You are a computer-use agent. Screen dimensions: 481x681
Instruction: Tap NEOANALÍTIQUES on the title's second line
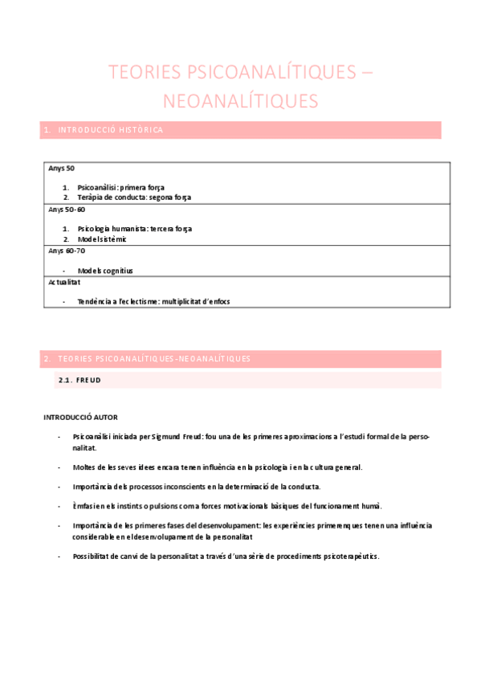pos(240,101)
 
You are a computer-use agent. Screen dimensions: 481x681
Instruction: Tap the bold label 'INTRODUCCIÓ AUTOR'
pos(80,417)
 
